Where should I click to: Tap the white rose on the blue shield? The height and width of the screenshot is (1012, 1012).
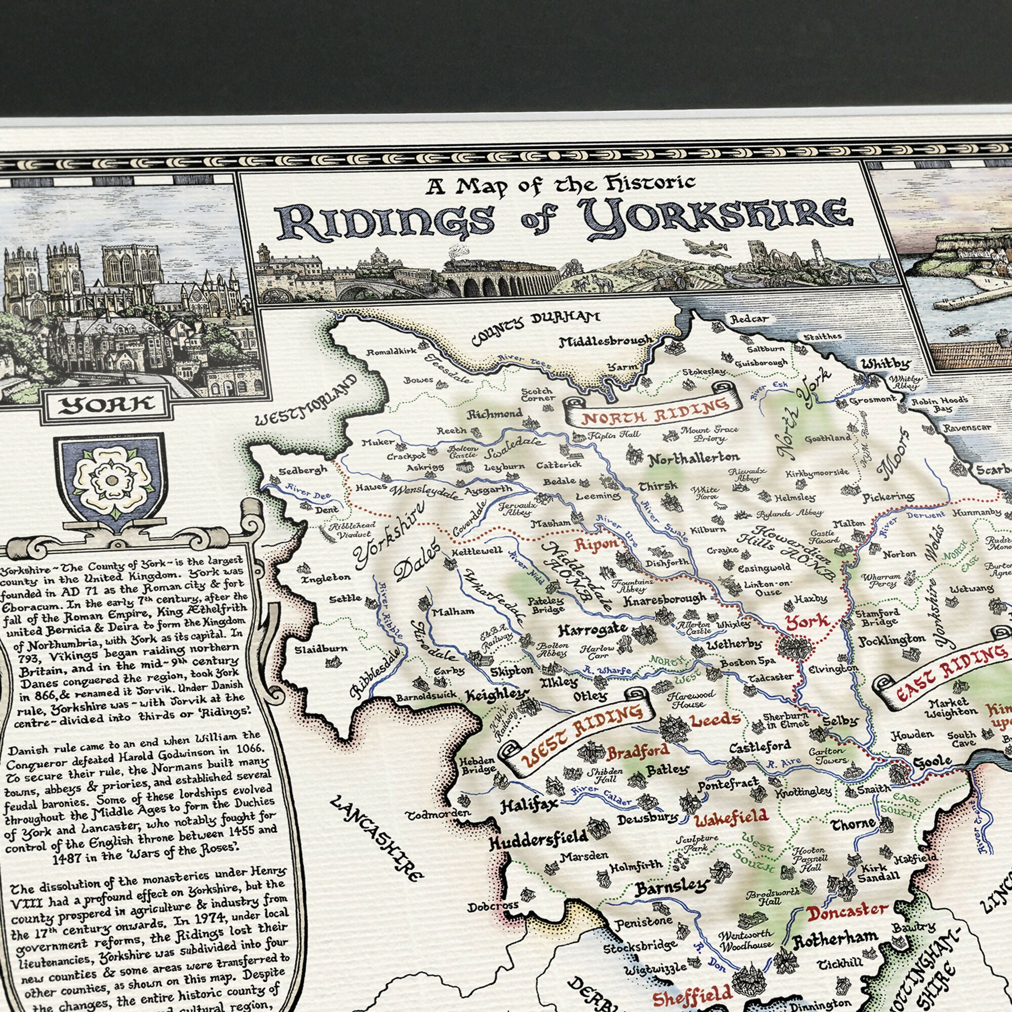tap(111, 479)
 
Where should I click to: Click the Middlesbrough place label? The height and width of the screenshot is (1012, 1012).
tap(606, 342)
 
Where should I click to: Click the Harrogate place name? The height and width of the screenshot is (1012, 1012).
tap(592, 629)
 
